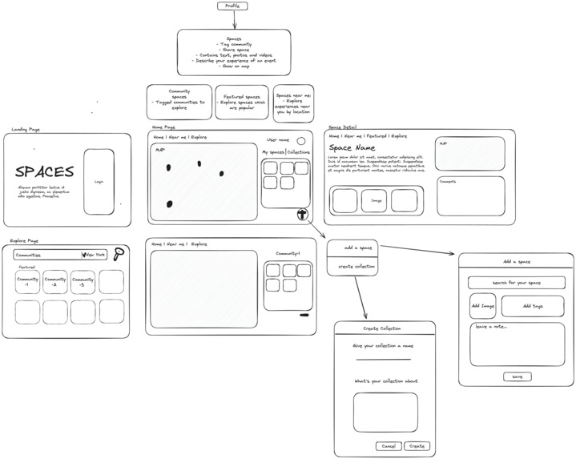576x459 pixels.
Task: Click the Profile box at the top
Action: (232, 6)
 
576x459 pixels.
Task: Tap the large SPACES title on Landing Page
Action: (45, 172)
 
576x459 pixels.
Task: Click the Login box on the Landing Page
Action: (99, 182)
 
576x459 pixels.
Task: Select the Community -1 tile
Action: (27, 282)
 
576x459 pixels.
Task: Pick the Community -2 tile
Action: (54, 282)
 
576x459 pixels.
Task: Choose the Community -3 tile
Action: (83, 282)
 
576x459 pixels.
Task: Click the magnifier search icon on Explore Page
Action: (119, 254)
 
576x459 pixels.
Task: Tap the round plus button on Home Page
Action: (302, 214)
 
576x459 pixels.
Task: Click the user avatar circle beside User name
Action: (301, 140)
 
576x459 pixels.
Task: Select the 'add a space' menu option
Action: (352, 248)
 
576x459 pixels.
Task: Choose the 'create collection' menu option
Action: (352, 266)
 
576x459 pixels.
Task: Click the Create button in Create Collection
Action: (416, 446)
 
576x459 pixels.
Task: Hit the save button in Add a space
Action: (517, 376)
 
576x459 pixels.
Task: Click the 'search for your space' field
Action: (516, 283)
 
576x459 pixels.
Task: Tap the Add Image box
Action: (482, 306)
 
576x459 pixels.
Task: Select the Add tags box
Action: (532, 306)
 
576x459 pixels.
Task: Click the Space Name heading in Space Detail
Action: (352, 148)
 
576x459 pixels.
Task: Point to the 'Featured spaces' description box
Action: (242, 102)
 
